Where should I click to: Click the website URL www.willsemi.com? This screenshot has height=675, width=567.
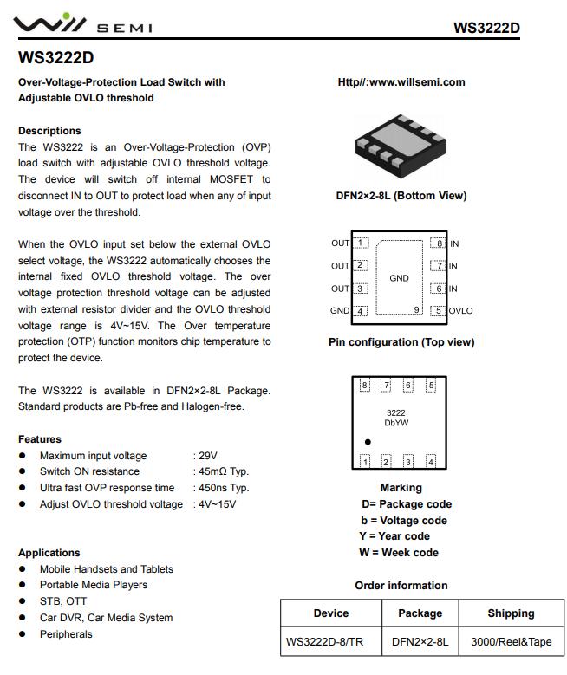coord(401,82)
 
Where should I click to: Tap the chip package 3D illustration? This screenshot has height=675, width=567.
coord(401,142)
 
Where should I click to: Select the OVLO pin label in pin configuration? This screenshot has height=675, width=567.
coord(461,311)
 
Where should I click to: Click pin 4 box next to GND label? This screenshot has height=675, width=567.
coord(362,311)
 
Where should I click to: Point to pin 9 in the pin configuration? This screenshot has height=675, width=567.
coord(417,309)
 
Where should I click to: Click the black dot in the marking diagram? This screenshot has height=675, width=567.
coord(368,441)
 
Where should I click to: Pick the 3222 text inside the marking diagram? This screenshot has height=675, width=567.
coord(396,413)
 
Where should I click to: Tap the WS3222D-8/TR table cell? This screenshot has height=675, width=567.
coord(330,642)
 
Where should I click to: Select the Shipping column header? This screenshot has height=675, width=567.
coord(511,613)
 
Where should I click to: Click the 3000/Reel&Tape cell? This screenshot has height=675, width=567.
coord(511,642)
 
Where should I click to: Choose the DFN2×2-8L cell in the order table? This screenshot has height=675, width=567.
coord(420,642)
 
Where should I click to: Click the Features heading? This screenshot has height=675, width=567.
coord(40,439)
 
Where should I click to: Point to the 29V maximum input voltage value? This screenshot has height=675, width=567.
coord(207,456)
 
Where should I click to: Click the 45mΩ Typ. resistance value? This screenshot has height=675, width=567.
coord(224,471)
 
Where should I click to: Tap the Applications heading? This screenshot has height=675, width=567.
coord(49,553)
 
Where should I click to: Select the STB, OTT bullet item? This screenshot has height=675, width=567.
coord(63,601)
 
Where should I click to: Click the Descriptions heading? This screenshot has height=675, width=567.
coord(49,131)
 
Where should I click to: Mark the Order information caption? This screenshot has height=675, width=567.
coord(401,586)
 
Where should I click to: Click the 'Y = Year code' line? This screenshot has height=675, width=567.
coord(394,536)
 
